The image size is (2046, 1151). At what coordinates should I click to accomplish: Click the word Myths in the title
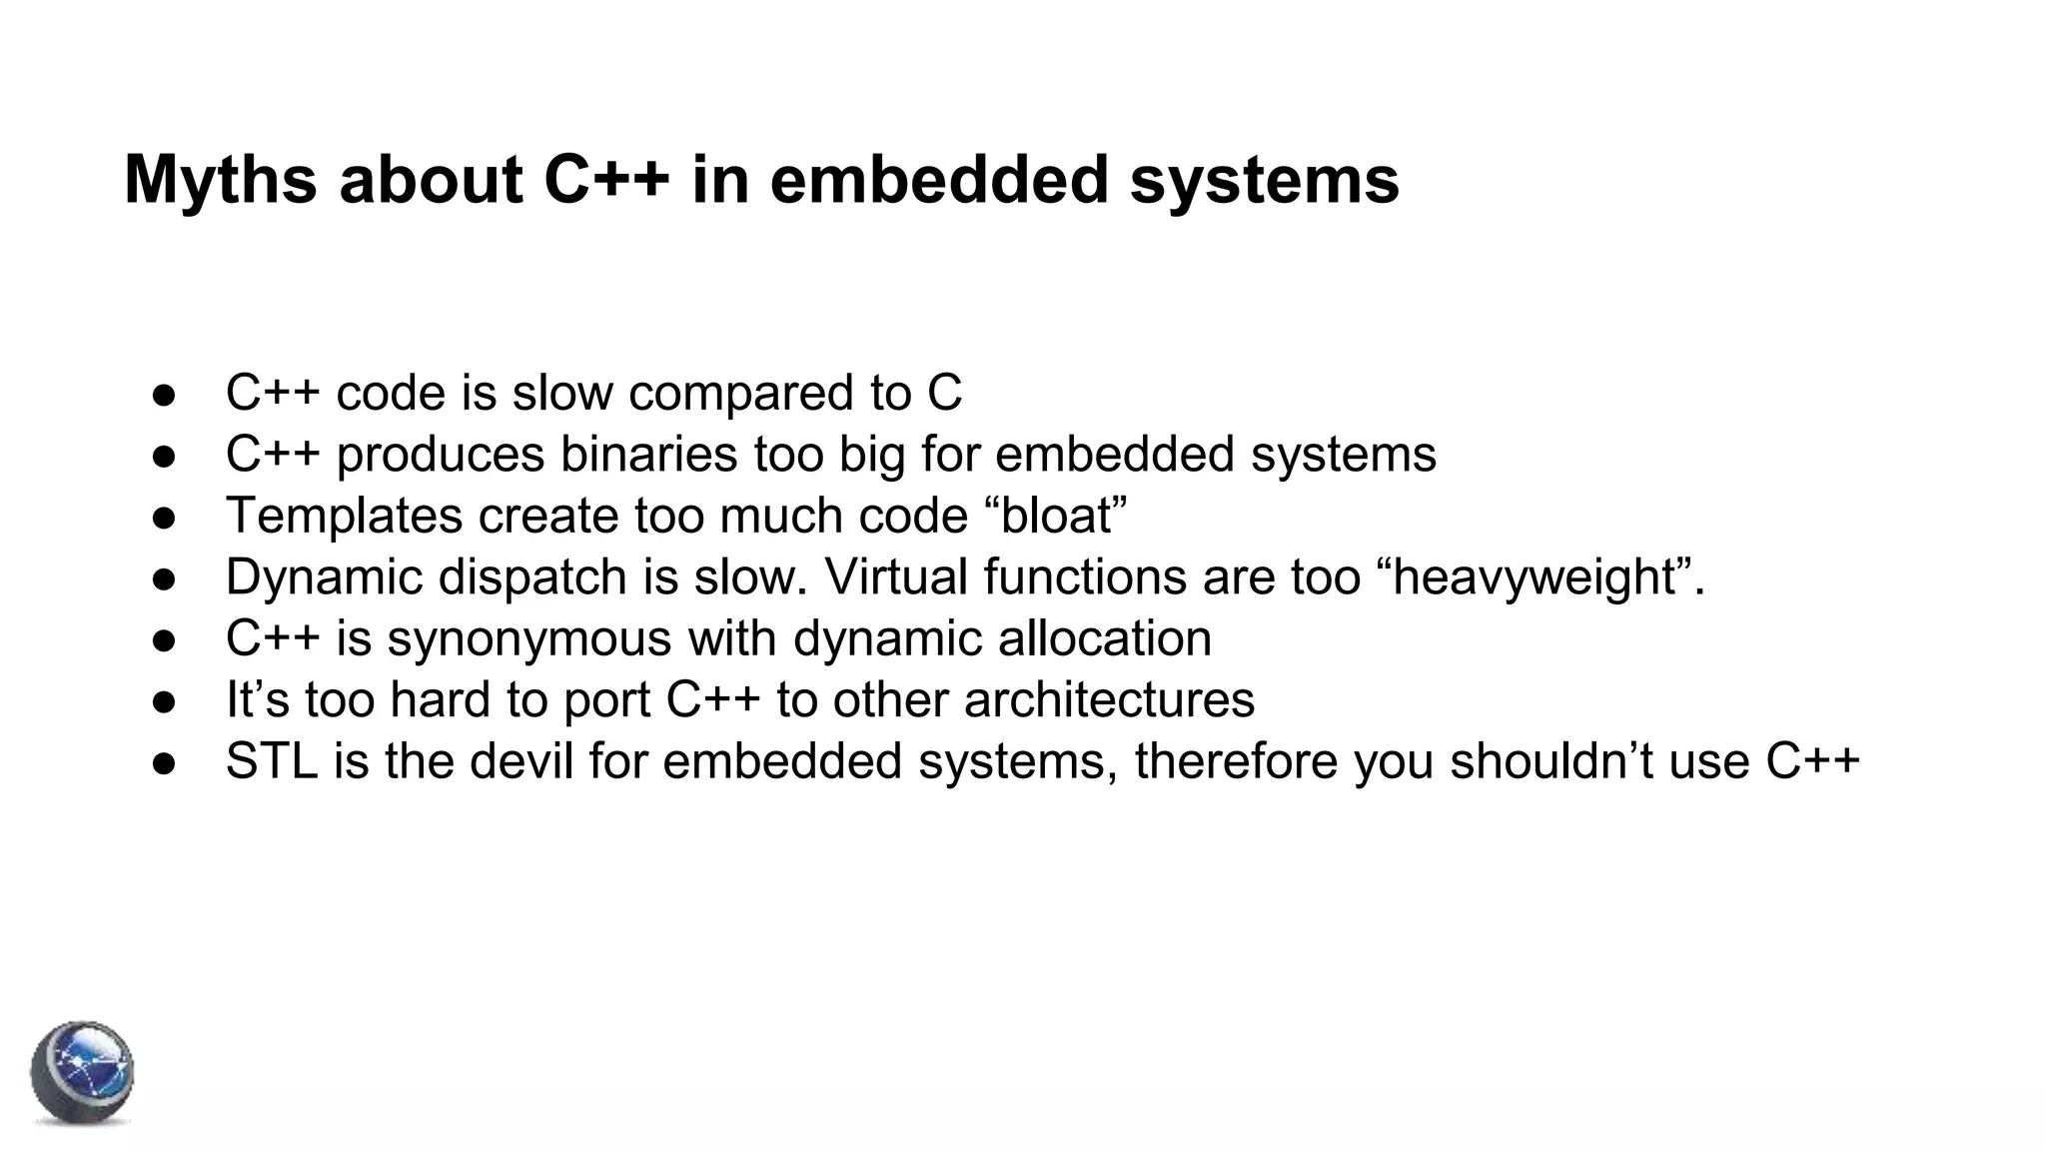pos(220,181)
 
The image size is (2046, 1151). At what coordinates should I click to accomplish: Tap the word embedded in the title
pos(939,181)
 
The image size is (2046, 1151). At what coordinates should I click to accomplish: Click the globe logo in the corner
pos(82,1073)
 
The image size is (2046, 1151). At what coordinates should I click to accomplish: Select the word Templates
pos(344,517)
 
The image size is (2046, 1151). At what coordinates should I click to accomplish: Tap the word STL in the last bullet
pos(271,761)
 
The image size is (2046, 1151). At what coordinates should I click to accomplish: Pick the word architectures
pos(1109,699)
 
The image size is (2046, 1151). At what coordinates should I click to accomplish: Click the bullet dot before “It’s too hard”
pos(164,701)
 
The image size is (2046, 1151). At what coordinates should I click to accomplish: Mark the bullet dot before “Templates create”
pos(164,518)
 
